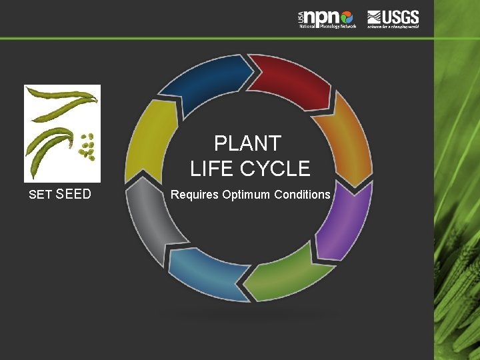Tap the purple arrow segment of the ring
click(x=344, y=220)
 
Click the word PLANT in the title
click(x=247, y=143)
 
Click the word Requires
click(x=194, y=195)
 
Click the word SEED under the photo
click(x=74, y=195)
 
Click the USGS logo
click(x=393, y=18)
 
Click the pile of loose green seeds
click(x=87, y=147)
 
